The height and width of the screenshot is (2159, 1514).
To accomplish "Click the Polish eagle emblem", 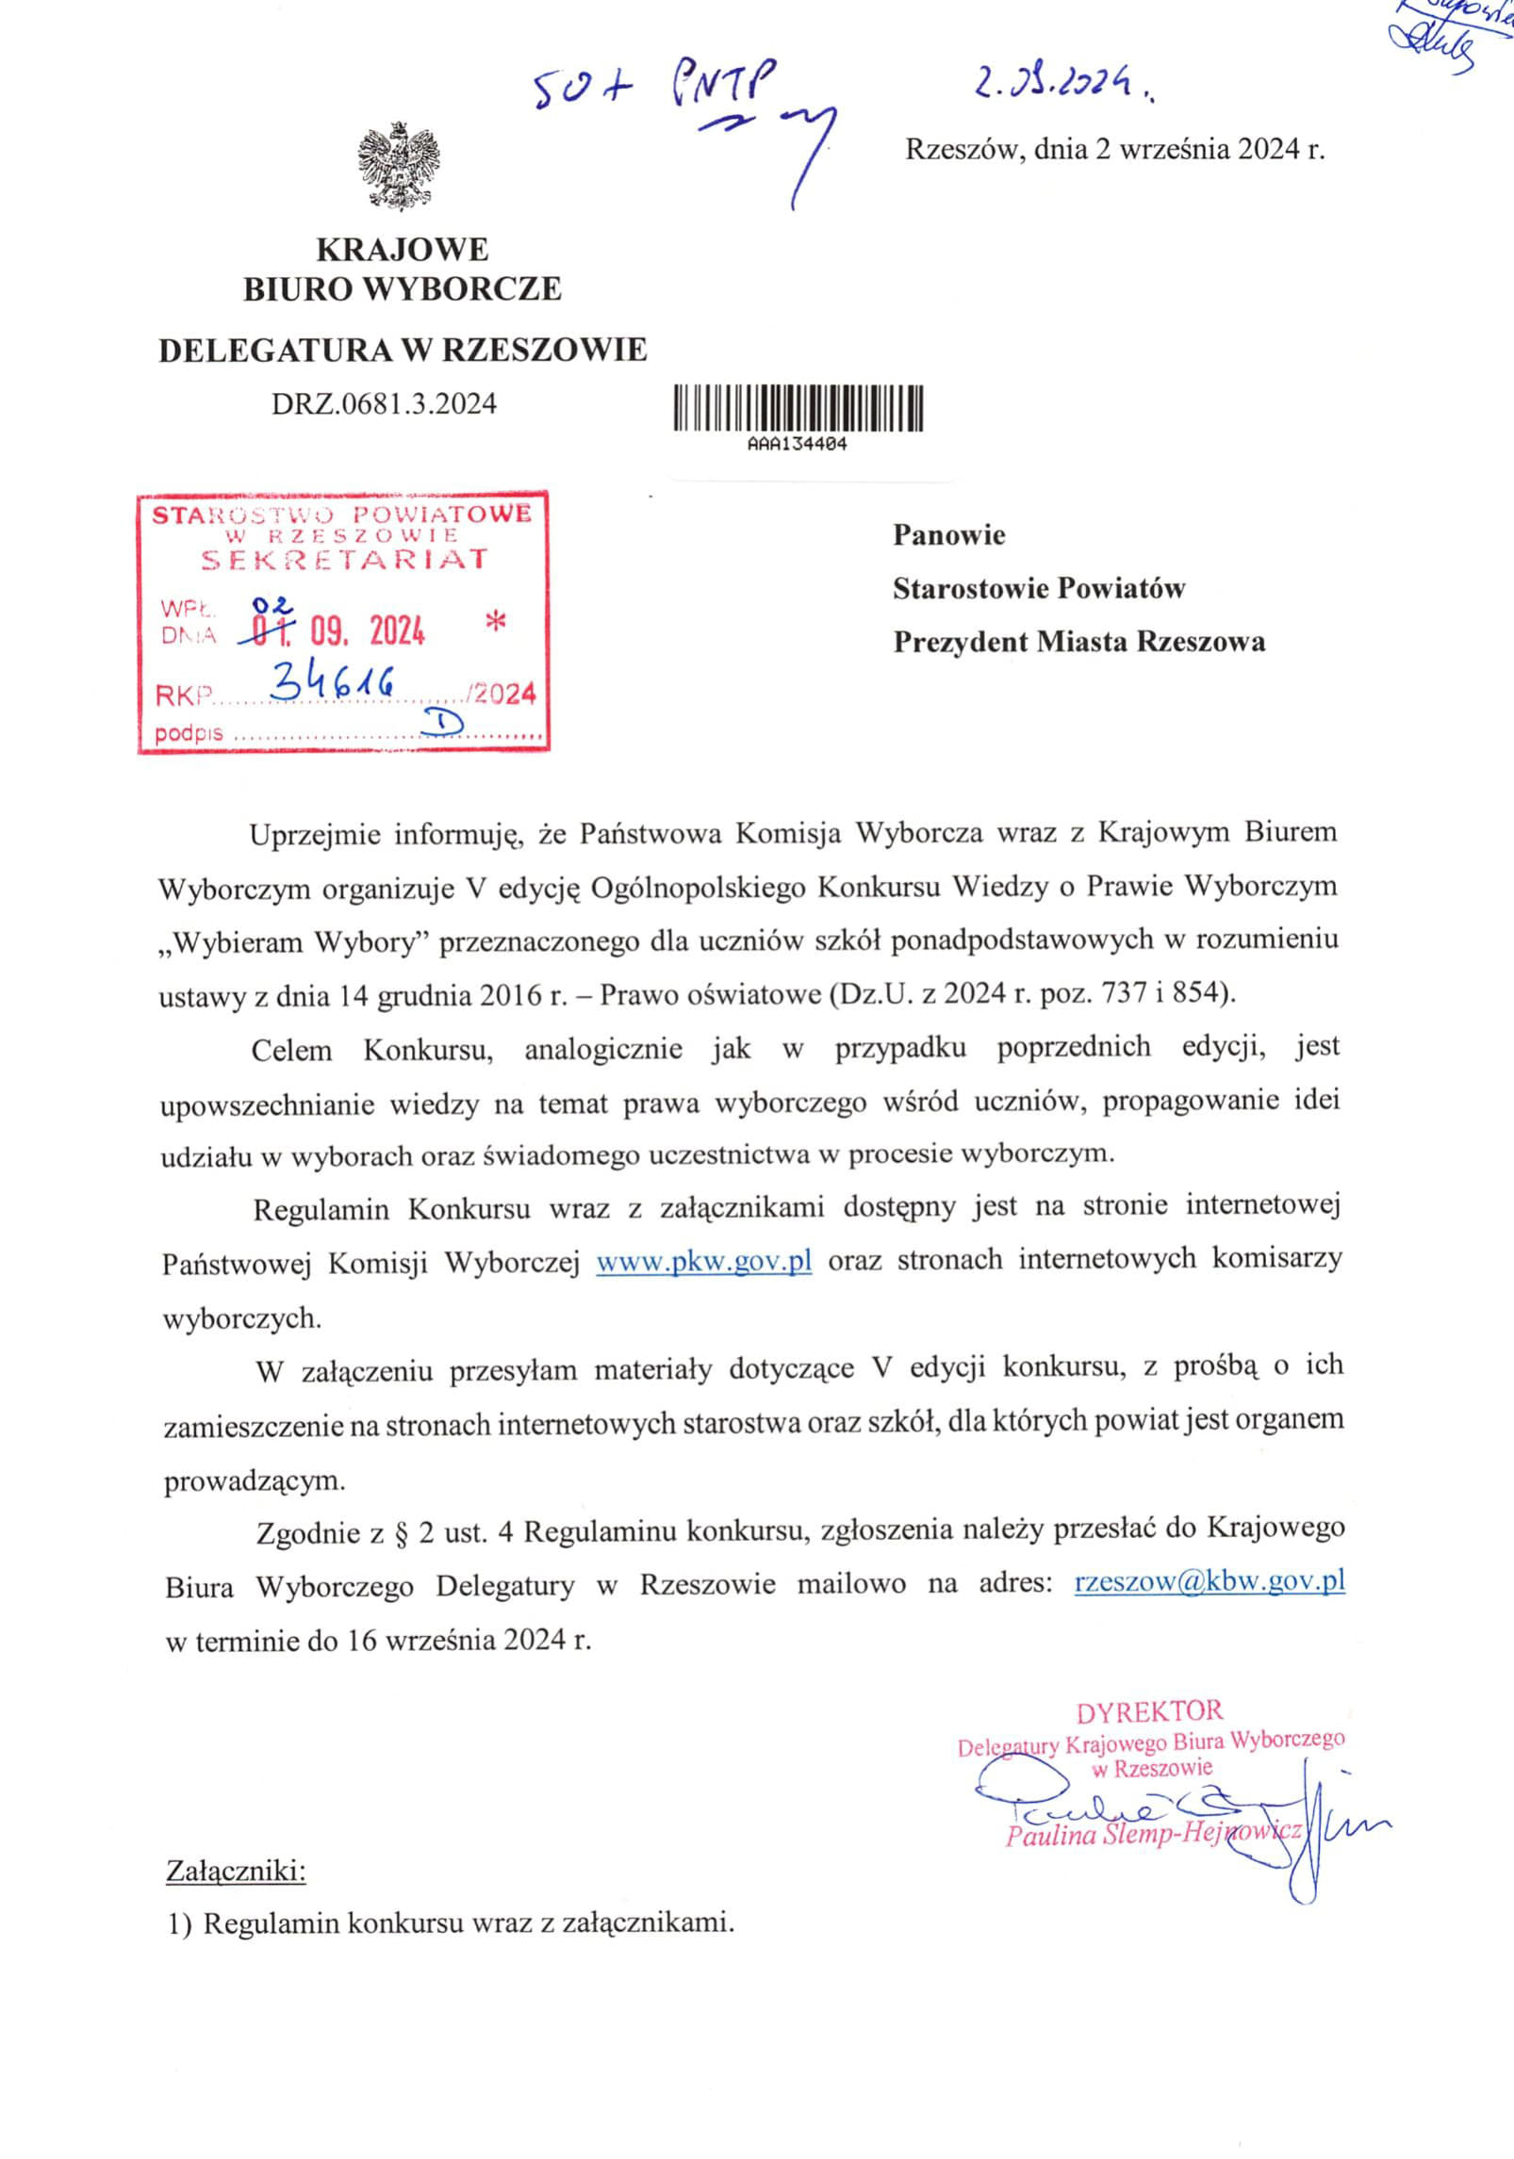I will click(399, 165).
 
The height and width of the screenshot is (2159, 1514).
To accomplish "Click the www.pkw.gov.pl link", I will click(704, 1261).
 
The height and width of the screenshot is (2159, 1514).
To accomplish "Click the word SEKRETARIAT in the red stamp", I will click(345, 559).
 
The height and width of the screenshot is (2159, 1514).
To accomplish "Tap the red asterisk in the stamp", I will click(493, 622).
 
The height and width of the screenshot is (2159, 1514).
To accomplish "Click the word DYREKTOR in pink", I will click(1149, 1710).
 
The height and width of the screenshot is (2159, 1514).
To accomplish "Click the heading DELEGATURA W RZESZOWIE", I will click(403, 350).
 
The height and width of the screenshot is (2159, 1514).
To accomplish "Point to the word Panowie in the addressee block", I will click(949, 535).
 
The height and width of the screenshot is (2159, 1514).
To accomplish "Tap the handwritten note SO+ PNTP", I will click(654, 88).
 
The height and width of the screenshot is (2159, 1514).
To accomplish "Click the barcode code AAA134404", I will click(797, 446).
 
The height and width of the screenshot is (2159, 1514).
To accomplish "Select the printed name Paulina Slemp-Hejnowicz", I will click(1153, 1834).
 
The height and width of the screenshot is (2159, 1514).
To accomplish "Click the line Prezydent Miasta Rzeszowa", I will click(1078, 642).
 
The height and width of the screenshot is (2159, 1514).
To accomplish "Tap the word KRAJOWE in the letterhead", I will click(402, 250).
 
